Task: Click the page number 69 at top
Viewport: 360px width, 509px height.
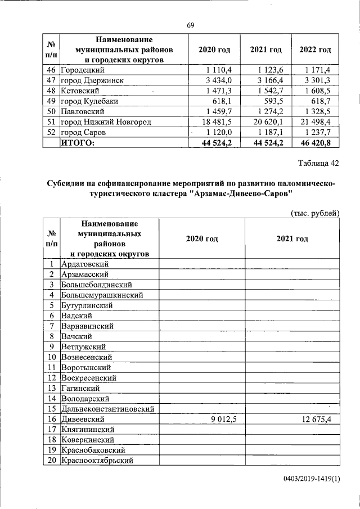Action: coord(190,25)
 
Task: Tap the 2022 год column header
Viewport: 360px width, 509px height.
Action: coord(314,50)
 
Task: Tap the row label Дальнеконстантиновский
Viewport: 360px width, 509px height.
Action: coord(107,409)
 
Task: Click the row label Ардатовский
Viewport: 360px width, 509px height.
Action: coord(85,263)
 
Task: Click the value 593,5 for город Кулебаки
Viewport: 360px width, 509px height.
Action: coord(275,101)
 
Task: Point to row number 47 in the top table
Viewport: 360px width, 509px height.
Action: coord(51,80)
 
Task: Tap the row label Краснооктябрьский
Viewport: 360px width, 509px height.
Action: coord(97,461)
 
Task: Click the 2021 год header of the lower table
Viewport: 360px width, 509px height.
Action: coord(292,238)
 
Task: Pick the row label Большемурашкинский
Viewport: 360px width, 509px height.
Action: coord(102,294)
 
